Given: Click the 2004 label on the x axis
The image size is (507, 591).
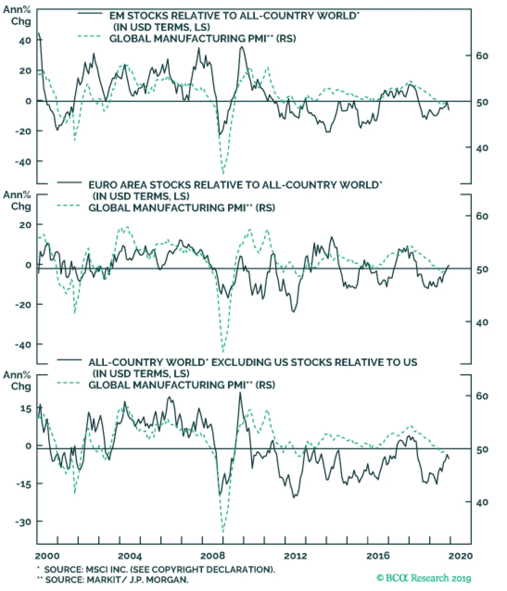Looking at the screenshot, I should (130, 555).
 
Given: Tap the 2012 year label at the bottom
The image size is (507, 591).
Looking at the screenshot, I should (295, 555).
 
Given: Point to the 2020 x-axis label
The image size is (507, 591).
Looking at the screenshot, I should (460, 555).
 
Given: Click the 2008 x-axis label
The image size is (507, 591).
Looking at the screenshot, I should (213, 555).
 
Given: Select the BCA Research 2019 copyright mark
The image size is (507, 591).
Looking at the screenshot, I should (424, 578).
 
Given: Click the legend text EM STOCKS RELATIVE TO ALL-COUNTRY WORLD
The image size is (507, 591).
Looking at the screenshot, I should (234, 16).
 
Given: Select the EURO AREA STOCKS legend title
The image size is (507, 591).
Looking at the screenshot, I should (235, 185).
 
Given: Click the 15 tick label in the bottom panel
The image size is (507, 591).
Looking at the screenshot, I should (26, 409).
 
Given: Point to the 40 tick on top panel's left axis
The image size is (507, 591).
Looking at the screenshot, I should (25, 41).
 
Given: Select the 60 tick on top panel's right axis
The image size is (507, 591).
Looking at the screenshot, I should (482, 56).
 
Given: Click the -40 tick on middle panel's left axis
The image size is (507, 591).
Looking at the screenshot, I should (23, 345).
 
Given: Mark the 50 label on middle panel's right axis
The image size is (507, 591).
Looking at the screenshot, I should (482, 270).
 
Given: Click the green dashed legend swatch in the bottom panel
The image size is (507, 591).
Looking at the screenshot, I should (69, 383).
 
